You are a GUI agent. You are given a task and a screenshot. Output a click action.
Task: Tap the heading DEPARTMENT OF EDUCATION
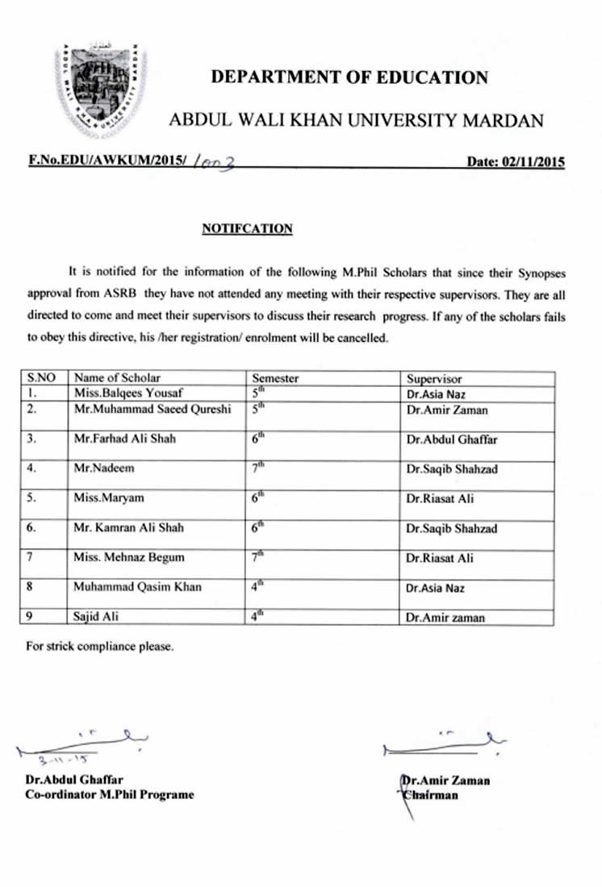pyautogui.click(x=349, y=77)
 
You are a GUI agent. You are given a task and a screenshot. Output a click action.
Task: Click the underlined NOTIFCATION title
pyautogui.click(x=246, y=229)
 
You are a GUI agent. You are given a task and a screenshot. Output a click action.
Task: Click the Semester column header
pyautogui.click(x=275, y=378)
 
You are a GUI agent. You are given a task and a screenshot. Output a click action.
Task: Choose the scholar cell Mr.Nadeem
pyautogui.click(x=100, y=468)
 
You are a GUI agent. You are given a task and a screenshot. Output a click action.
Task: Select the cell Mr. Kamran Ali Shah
pyautogui.click(x=128, y=528)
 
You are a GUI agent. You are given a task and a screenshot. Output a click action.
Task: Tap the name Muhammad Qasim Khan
pyautogui.click(x=137, y=587)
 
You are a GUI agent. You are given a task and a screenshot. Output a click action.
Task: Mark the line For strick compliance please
pyautogui.click(x=99, y=646)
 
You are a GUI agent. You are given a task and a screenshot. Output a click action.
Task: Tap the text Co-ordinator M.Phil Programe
pyautogui.click(x=110, y=794)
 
